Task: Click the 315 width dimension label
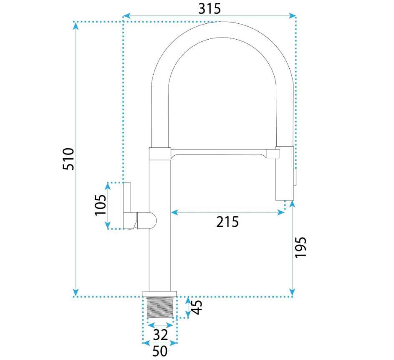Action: pos(210,9)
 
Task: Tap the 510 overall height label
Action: pos(68,159)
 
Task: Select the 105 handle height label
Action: pos(101,205)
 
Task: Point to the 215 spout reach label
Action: pos(227,222)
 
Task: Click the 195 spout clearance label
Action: pos(301,247)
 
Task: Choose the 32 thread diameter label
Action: pos(160,335)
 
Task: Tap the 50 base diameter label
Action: pos(160,351)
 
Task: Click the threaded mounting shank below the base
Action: pos(160,307)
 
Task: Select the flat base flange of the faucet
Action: pos(159,294)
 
